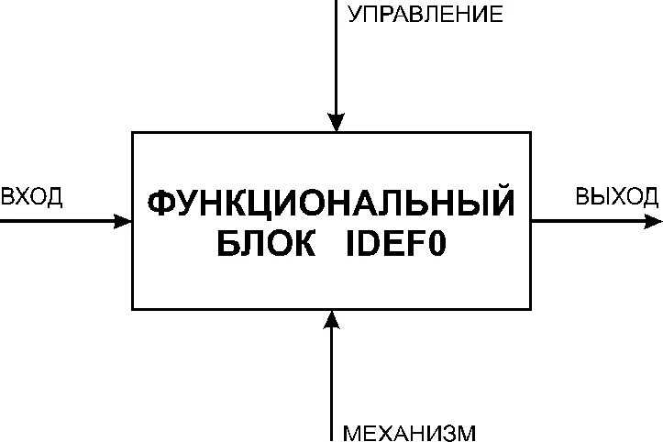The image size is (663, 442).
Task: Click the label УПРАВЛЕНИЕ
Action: point(425,15)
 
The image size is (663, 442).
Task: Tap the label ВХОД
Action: point(32,197)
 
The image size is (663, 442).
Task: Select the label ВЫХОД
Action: point(616,197)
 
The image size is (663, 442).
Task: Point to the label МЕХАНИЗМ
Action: point(409,432)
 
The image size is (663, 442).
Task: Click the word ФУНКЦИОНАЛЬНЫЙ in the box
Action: point(331,204)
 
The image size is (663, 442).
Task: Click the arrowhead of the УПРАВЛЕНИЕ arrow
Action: point(337,123)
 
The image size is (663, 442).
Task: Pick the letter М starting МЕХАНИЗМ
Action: point(351,432)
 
